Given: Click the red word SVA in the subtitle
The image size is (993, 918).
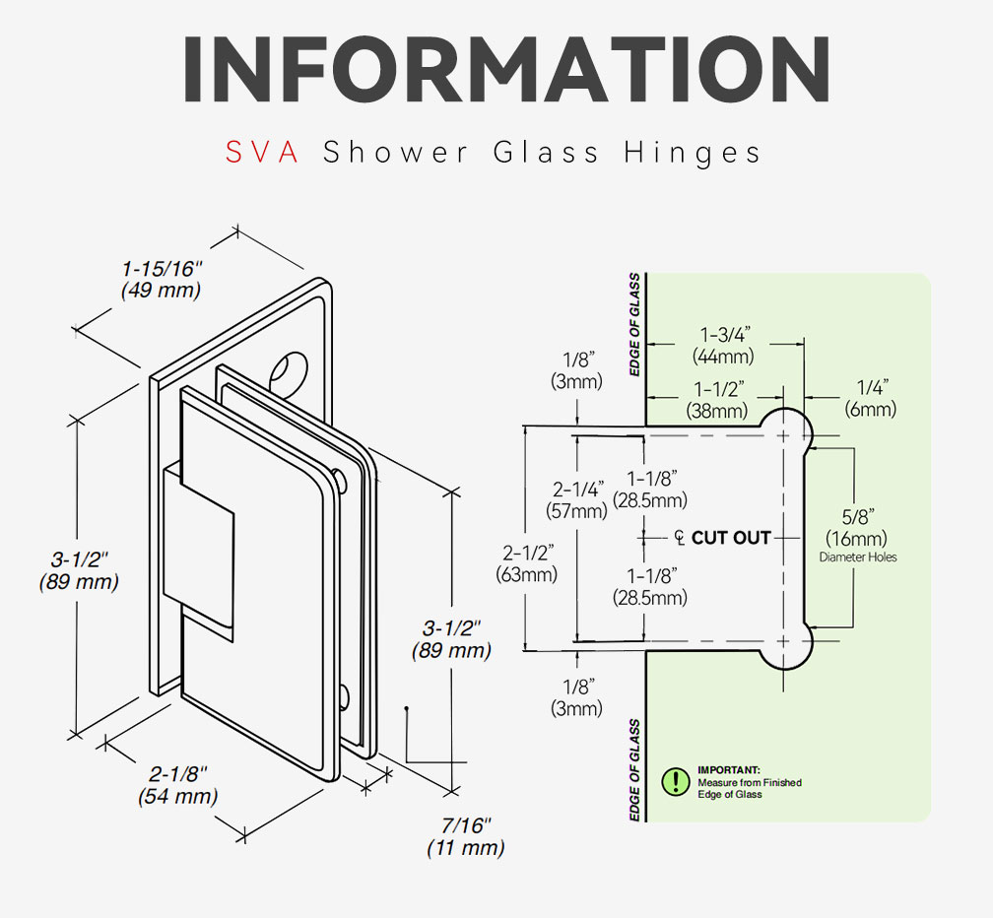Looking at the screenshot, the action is (262, 153).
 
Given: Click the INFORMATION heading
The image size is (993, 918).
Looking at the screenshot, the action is (506, 69).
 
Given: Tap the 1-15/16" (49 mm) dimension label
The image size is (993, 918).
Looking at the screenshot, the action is (161, 279).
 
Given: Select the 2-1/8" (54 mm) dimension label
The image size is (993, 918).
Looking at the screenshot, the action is (178, 784).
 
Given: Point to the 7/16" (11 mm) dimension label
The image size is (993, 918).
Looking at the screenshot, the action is (465, 836).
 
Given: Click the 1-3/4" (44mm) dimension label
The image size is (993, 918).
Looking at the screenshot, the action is (724, 345).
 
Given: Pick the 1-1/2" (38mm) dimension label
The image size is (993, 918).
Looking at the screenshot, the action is (717, 400).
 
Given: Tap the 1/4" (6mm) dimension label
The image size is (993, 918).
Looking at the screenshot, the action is (871, 398).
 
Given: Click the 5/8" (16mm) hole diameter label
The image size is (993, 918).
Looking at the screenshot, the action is (856, 527).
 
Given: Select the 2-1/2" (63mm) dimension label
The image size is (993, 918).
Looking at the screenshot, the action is (527, 563).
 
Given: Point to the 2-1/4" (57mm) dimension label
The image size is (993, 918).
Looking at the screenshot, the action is (577, 499).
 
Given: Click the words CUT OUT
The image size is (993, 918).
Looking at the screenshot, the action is (731, 538).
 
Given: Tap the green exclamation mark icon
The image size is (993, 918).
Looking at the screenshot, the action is (676, 781).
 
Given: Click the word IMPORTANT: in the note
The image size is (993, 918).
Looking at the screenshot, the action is (728, 770).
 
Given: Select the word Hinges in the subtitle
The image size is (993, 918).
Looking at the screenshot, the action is (693, 153).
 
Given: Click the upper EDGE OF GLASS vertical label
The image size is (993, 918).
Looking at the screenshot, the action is (634, 324).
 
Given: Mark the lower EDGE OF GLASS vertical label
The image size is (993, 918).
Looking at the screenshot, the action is (634, 770).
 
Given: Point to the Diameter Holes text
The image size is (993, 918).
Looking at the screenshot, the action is (858, 557).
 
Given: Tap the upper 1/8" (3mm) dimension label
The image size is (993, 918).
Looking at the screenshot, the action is (576, 371).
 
